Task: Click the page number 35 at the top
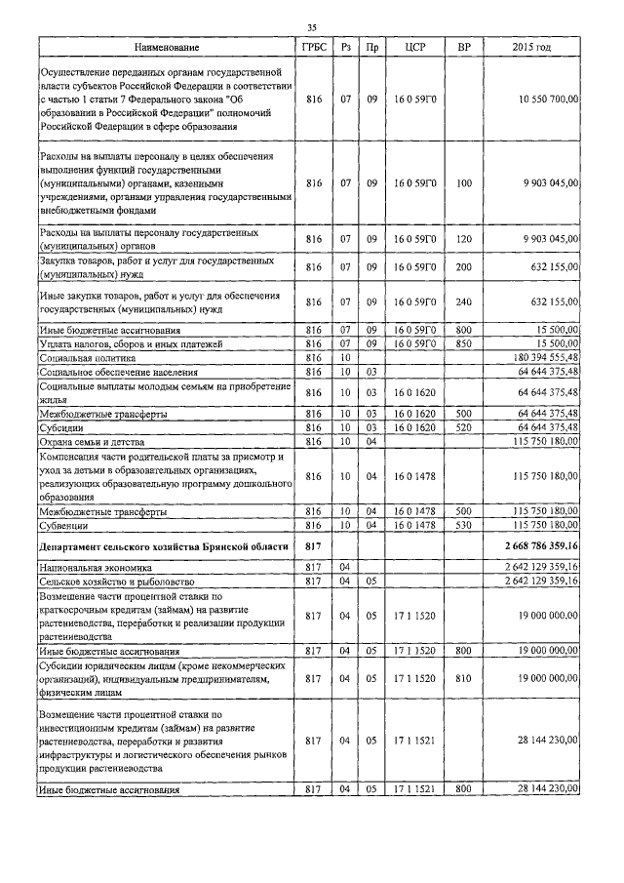(312, 26)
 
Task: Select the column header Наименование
(167, 47)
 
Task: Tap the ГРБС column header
(313, 47)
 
